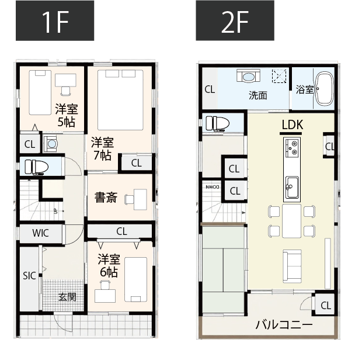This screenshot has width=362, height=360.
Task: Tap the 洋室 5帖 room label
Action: (66, 115)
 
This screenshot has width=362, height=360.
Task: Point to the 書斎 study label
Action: (106, 198)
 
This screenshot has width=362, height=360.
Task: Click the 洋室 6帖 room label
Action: (109, 265)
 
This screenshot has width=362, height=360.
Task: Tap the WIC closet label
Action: (40, 233)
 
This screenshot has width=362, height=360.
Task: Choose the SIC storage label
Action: (29, 275)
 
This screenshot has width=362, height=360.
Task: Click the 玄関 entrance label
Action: (67, 296)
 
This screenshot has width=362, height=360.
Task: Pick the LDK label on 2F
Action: (291, 124)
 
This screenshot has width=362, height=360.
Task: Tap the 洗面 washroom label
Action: (257, 95)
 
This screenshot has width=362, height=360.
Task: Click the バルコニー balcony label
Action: (284, 325)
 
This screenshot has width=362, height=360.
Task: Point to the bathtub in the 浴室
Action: (324, 89)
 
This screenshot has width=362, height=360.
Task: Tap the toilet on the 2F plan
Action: (218, 123)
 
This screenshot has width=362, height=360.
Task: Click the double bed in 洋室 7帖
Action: (120, 99)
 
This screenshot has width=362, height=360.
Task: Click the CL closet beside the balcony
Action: (325, 305)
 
